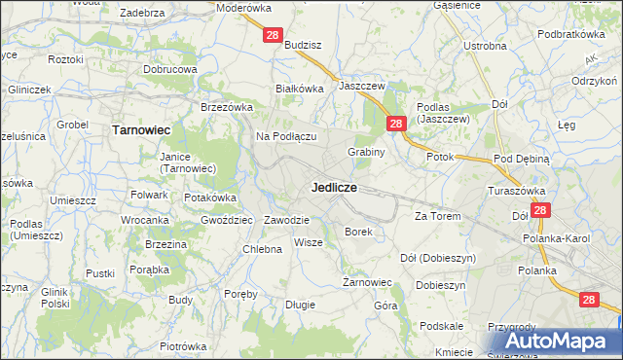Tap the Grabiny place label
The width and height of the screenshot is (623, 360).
pos(367,152)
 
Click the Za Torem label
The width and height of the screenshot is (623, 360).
pos(436,216)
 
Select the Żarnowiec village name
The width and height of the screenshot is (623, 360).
pos(367,283)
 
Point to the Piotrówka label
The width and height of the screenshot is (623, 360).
pos(184,346)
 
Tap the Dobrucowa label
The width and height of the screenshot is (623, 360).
pos(170,70)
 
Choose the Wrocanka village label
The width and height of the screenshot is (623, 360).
pos(146,221)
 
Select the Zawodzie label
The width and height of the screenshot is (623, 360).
pos(286,220)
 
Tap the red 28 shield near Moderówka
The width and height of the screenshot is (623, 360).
pos(273,35)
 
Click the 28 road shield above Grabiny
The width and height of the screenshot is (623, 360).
pos(395,124)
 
